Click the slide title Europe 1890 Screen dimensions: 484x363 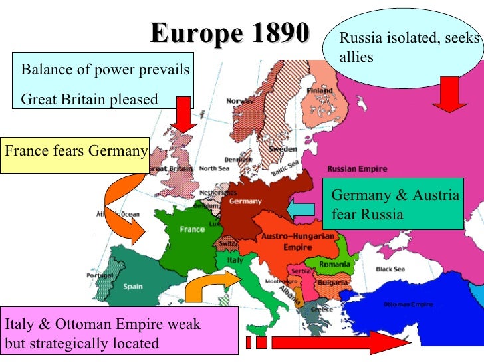point(230,33)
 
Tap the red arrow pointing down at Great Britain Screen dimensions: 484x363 point(183,114)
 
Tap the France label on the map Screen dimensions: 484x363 point(192,229)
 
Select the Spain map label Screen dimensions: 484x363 point(132,287)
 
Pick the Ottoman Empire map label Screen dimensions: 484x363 point(408,304)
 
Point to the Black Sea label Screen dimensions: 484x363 point(391,269)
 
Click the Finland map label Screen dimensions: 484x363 point(320,91)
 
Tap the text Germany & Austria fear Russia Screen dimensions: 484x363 point(395,205)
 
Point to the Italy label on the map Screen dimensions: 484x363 point(235,261)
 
